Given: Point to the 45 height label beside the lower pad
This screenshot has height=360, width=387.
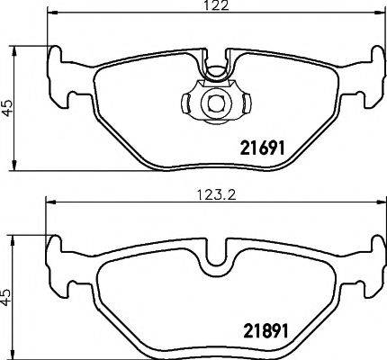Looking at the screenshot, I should coord(7,294).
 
